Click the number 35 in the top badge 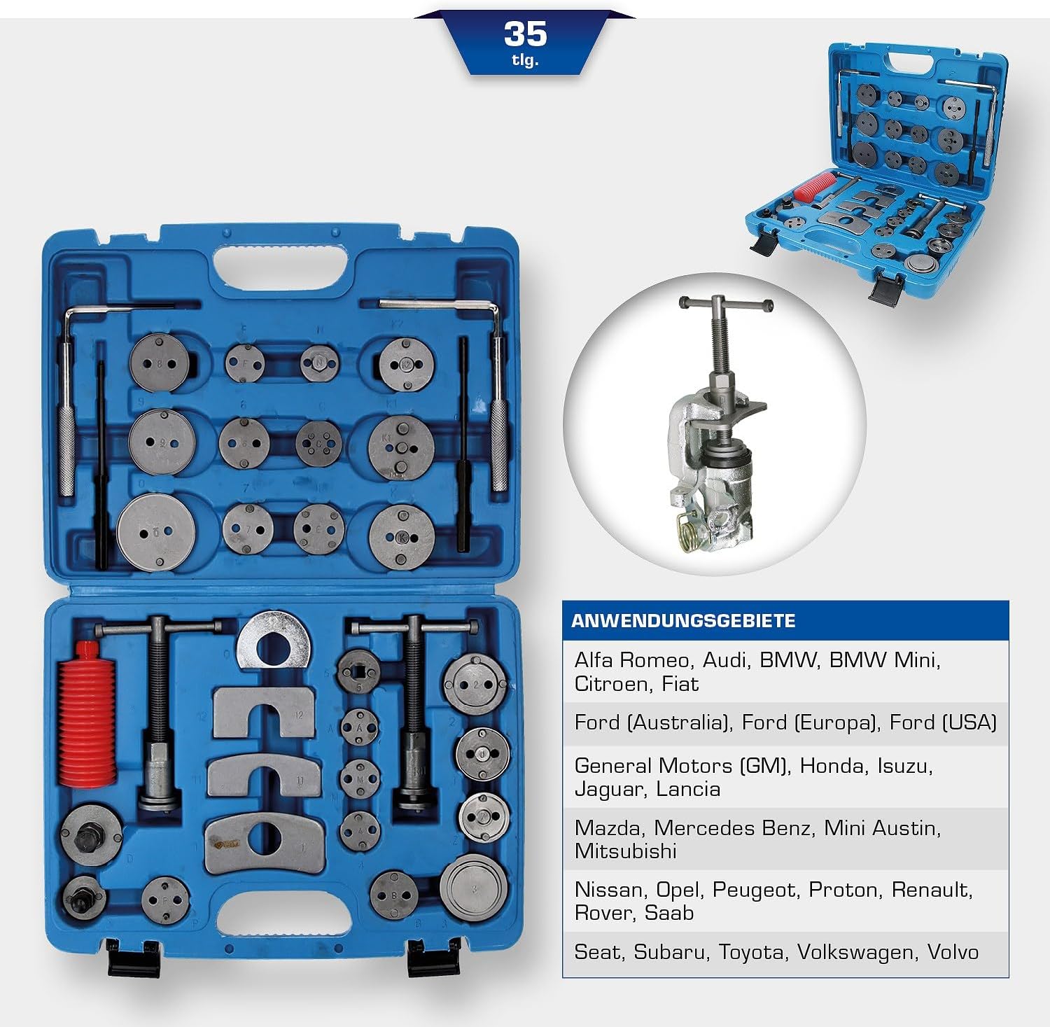[x=525, y=34]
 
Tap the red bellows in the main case [x=86, y=711]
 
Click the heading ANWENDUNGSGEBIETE [x=683, y=621]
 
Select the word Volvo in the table [x=953, y=952]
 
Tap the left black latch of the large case [x=133, y=958]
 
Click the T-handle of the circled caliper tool [x=727, y=303]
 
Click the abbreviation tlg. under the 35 [x=525, y=60]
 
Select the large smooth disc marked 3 [x=473, y=888]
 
